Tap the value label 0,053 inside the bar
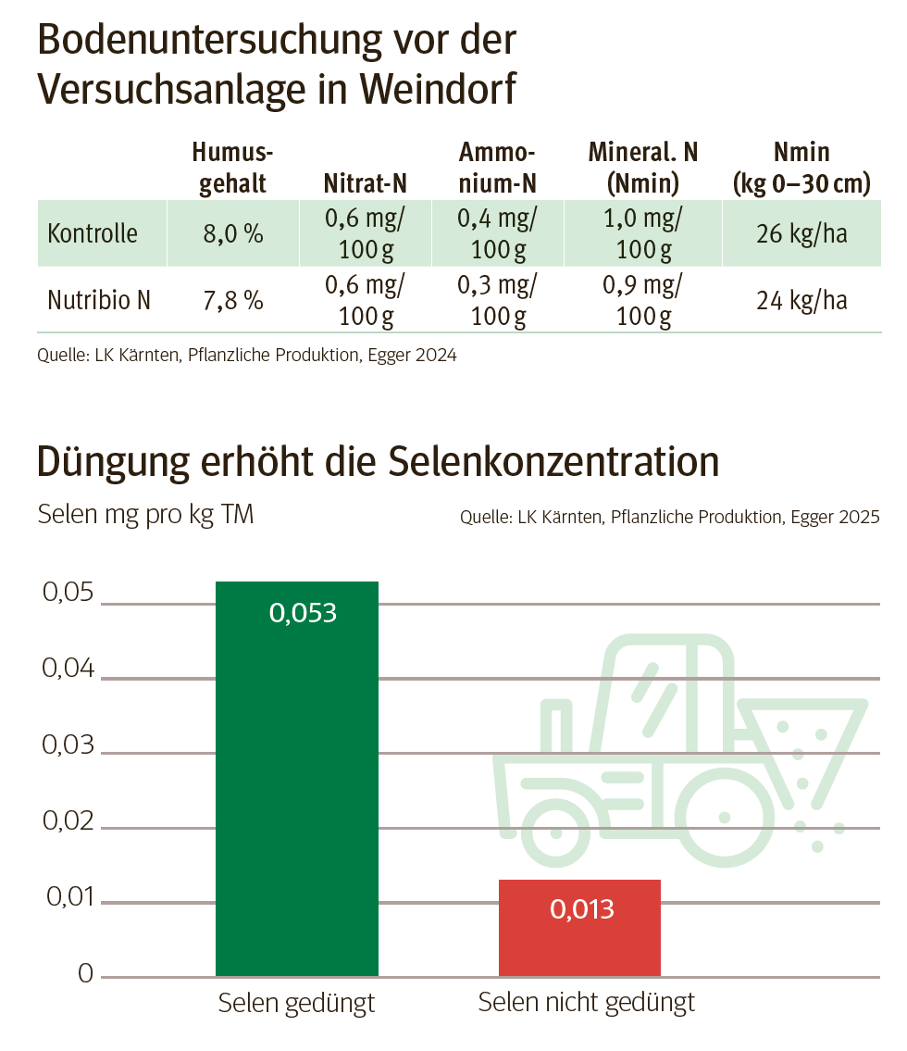point(303,612)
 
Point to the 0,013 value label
point(582,909)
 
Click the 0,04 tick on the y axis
point(68,668)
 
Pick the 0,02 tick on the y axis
point(68,821)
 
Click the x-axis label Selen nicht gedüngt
point(586,1002)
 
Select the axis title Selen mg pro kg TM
point(145,515)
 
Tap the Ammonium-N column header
point(498,168)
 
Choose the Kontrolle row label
point(93,233)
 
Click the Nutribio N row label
point(98,300)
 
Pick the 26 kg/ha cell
point(801,233)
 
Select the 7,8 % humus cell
point(233,301)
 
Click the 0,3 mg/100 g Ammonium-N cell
point(498,300)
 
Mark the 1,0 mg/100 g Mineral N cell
point(643,233)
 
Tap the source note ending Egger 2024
point(247,355)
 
